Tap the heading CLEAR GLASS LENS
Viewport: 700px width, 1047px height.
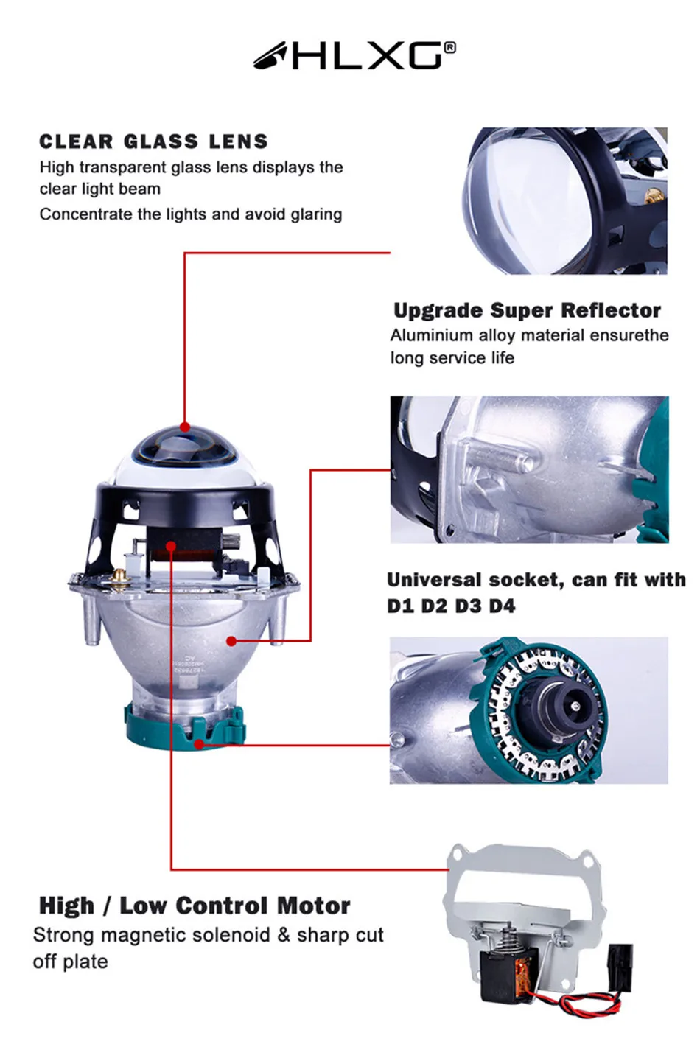click(153, 141)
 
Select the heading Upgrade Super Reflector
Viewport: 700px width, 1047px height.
click(527, 310)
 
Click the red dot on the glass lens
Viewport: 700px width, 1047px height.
click(185, 427)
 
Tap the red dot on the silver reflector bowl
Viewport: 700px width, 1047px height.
click(231, 641)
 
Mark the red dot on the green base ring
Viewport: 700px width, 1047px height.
click(200, 744)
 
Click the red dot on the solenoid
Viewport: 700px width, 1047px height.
click(171, 546)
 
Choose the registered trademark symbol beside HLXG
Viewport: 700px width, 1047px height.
click(450, 48)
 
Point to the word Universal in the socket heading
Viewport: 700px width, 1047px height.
click(434, 581)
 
